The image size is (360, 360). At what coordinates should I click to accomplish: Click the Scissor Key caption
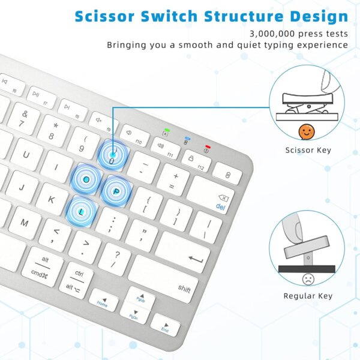[x=308, y=150]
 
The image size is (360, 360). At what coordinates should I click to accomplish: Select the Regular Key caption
[x=308, y=296]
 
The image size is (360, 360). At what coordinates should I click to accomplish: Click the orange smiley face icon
[x=307, y=131]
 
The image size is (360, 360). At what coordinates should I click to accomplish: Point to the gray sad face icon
[x=308, y=278]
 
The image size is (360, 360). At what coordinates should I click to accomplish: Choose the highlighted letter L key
[x=82, y=211]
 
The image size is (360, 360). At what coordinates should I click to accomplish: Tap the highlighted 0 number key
[x=112, y=157]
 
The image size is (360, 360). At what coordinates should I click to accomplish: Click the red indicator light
[x=207, y=146]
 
